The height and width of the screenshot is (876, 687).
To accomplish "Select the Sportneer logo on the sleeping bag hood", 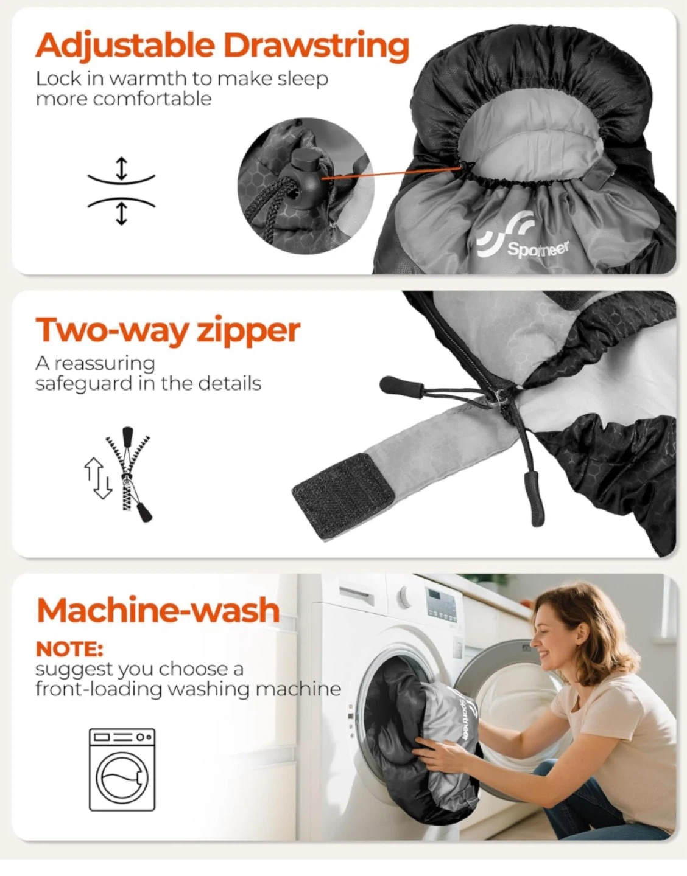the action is [x=523, y=236].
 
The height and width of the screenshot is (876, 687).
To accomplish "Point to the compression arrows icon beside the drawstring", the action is [x=121, y=190].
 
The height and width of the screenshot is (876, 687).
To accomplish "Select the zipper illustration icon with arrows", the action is [x=118, y=474].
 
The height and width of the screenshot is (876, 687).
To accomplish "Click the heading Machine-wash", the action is [x=158, y=610].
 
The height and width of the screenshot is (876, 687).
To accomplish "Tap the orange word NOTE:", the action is [x=69, y=649].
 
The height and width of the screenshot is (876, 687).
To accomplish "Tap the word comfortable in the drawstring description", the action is [x=124, y=99].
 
